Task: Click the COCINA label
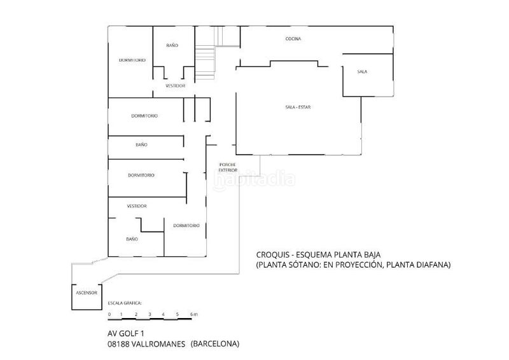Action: (293, 39)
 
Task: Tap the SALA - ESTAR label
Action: (298, 107)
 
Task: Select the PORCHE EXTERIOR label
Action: (228, 167)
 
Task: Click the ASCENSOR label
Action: (87, 293)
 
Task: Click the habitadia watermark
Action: (254, 179)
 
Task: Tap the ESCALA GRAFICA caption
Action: (125, 303)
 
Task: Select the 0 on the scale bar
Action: (109, 314)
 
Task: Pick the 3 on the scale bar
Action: (150, 314)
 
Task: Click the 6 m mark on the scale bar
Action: (194, 314)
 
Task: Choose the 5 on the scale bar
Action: (178, 314)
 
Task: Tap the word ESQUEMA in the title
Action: (312, 255)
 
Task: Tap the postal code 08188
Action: (118, 343)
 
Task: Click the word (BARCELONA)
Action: (215, 343)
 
